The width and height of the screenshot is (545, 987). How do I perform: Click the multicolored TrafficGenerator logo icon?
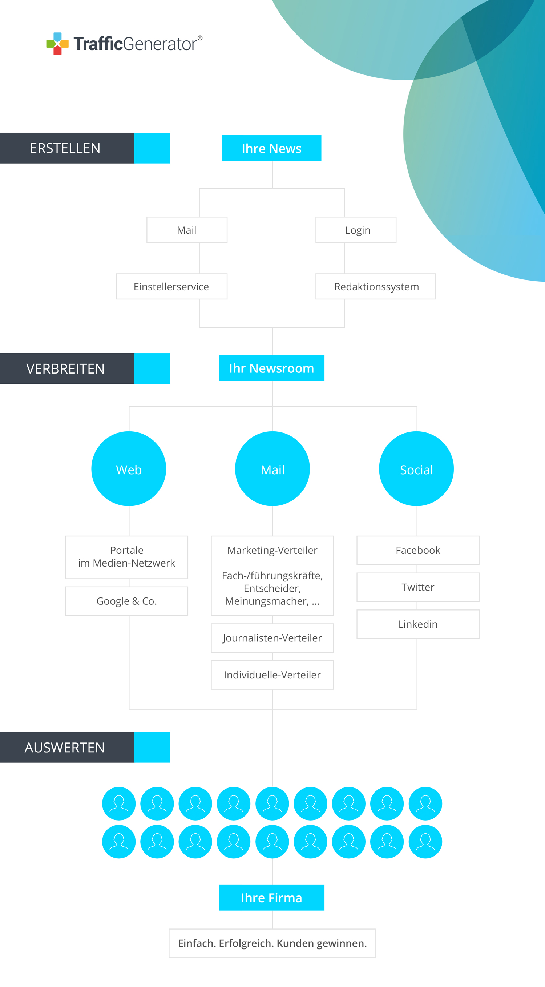[x=57, y=44]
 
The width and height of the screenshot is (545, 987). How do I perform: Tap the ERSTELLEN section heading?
[x=65, y=148]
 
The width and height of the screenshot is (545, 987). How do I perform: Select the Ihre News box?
[x=271, y=148]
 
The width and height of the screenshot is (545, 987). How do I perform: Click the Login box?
[x=356, y=230]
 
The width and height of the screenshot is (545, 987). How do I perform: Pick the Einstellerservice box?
[x=171, y=286]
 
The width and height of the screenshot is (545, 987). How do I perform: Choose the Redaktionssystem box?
[x=376, y=286]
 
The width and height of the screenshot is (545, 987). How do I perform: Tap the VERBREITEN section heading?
[x=65, y=368]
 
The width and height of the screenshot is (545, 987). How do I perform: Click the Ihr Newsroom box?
[x=271, y=368]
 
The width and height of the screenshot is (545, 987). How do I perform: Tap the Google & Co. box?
[x=127, y=601]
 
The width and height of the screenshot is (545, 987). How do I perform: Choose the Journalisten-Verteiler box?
[x=272, y=638]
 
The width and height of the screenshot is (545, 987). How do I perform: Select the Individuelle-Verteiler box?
[x=272, y=675]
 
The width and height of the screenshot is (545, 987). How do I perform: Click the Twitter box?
[x=418, y=587]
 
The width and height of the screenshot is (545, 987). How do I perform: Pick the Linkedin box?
[x=418, y=624]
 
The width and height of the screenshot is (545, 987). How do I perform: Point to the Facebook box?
[x=418, y=550]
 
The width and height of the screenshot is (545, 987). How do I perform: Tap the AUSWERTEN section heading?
[x=65, y=748]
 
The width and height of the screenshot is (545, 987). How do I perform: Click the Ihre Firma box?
[x=271, y=898]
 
